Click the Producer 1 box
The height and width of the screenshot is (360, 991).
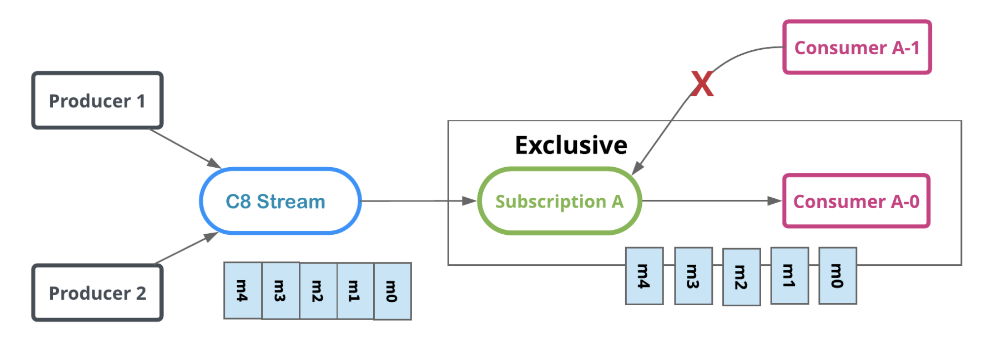click(x=97, y=101)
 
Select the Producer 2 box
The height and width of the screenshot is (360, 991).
click(x=97, y=293)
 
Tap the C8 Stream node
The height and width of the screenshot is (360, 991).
click(x=280, y=201)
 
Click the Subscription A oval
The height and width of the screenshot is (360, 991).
click(x=560, y=201)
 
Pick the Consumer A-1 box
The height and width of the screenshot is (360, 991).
click(x=857, y=47)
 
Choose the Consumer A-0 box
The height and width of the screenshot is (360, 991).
click(x=856, y=201)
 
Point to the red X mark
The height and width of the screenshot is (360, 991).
click(x=702, y=83)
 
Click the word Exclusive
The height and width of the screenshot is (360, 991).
click(x=571, y=145)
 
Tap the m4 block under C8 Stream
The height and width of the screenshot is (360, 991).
click(x=243, y=290)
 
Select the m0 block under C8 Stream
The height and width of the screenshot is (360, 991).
click(x=392, y=291)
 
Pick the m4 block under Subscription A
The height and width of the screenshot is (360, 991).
click(x=644, y=276)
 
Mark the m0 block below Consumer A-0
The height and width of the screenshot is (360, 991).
click(x=837, y=276)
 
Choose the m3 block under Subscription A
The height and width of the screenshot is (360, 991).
click(x=693, y=276)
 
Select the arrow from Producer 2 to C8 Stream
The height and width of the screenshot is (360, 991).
click(x=185, y=249)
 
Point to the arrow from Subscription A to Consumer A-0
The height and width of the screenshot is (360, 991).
click(x=710, y=201)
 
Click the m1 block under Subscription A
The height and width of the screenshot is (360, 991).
click(x=789, y=276)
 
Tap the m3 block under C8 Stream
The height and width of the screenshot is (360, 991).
click(x=280, y=291)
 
